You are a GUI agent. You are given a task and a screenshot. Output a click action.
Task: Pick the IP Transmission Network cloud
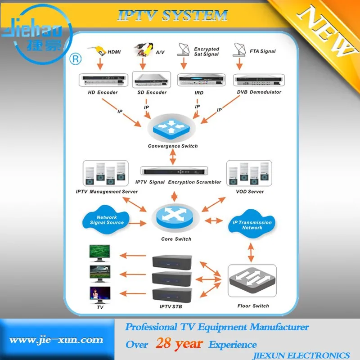point(252,225)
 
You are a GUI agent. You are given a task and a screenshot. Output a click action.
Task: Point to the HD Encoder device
point(102,80)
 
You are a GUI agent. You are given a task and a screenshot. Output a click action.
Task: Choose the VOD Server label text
point(250,192)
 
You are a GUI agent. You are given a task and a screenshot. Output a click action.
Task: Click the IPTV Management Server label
point(107,192)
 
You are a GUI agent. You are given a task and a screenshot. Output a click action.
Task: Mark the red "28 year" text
point(179,344)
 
